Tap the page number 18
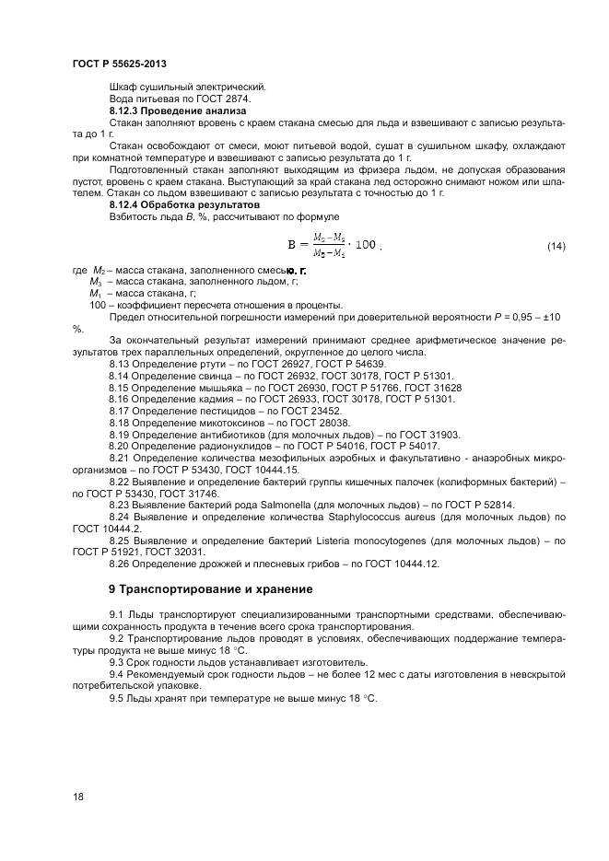[77, 796]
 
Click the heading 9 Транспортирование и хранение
[210, 588]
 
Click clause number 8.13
[121, 365]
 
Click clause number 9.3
[118, 663]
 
